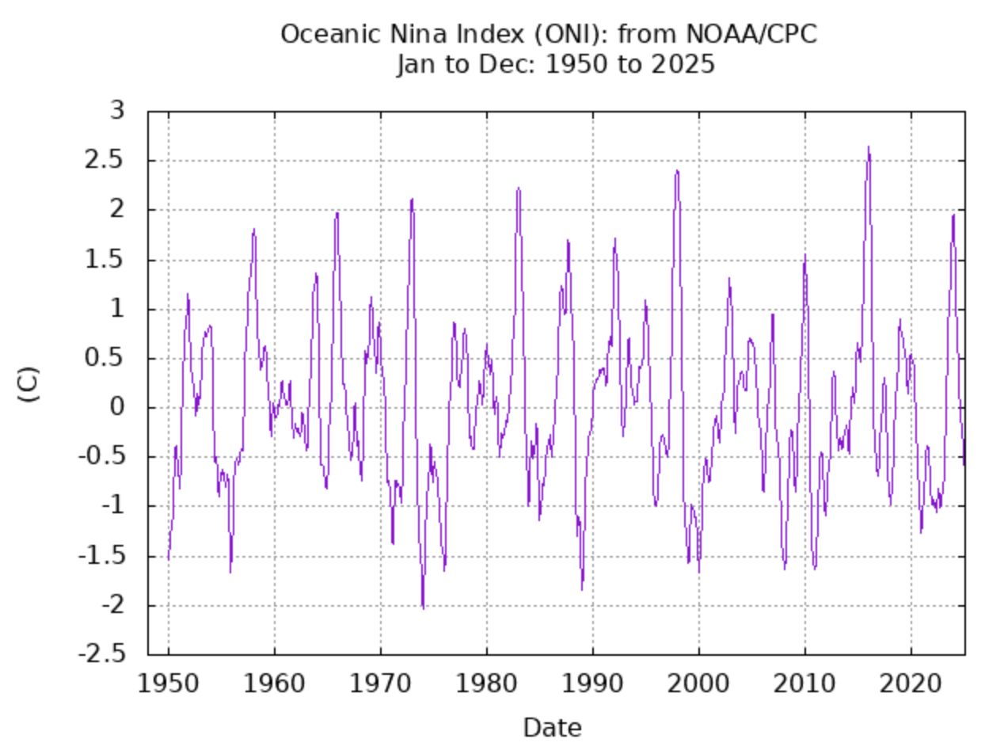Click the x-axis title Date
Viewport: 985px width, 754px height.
552,727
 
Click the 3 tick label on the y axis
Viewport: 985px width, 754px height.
118,111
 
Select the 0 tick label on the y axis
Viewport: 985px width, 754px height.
118,408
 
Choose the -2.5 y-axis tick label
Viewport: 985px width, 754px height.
102,655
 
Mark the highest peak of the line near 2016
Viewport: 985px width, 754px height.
868,147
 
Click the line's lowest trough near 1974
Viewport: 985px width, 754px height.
423,608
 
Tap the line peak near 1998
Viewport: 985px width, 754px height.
676,170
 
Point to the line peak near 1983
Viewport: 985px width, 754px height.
518,188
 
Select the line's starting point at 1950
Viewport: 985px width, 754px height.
169,558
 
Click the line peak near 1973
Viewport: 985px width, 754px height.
412,199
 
